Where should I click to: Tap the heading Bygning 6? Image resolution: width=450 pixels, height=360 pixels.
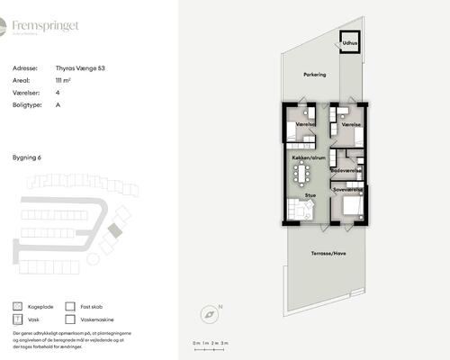click(x=28, y=157)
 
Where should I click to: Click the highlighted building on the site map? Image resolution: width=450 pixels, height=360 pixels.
click(x=113, y=230)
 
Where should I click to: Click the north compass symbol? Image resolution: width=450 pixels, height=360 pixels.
click(x=209, y=314)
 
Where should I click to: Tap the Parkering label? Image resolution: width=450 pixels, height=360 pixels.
click(x=314, y=74)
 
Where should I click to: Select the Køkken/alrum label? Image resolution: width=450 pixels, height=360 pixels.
click(x=308, y=157)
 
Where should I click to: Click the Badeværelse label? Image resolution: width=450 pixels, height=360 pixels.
click(x=346, y=170)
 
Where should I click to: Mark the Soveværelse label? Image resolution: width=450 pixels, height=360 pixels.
click(x=347, y=190)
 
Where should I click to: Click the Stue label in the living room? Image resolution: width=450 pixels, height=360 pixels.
click(x=310, y=193)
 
